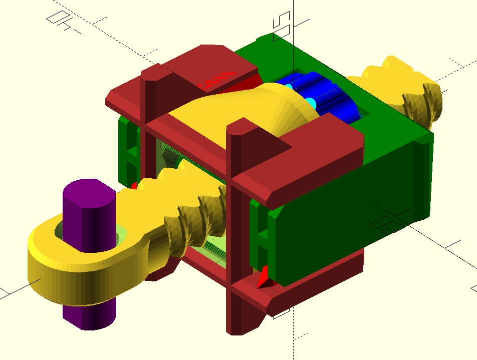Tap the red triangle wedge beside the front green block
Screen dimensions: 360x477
coord(263,278)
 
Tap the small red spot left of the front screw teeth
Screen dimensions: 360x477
coord(134,186)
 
